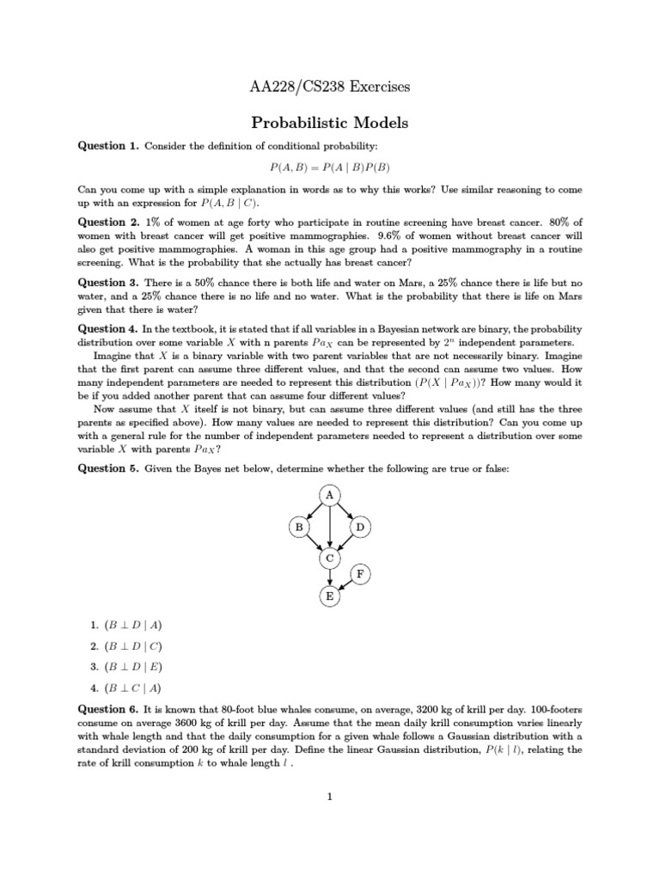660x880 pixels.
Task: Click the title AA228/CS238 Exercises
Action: pos(329,87)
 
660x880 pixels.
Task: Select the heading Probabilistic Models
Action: pos(329,123)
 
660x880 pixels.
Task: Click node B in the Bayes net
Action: pos(299,526)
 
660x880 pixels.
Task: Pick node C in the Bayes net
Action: pos(330,559)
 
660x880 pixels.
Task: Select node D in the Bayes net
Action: pos(361,526)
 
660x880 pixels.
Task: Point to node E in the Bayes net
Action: pos(330,596)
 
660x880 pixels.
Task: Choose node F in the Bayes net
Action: pos(361,573)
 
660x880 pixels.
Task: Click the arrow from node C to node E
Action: pos(330,577)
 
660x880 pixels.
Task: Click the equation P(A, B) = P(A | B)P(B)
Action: pos(329,167)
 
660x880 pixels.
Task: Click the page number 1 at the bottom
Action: pos(329,797)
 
